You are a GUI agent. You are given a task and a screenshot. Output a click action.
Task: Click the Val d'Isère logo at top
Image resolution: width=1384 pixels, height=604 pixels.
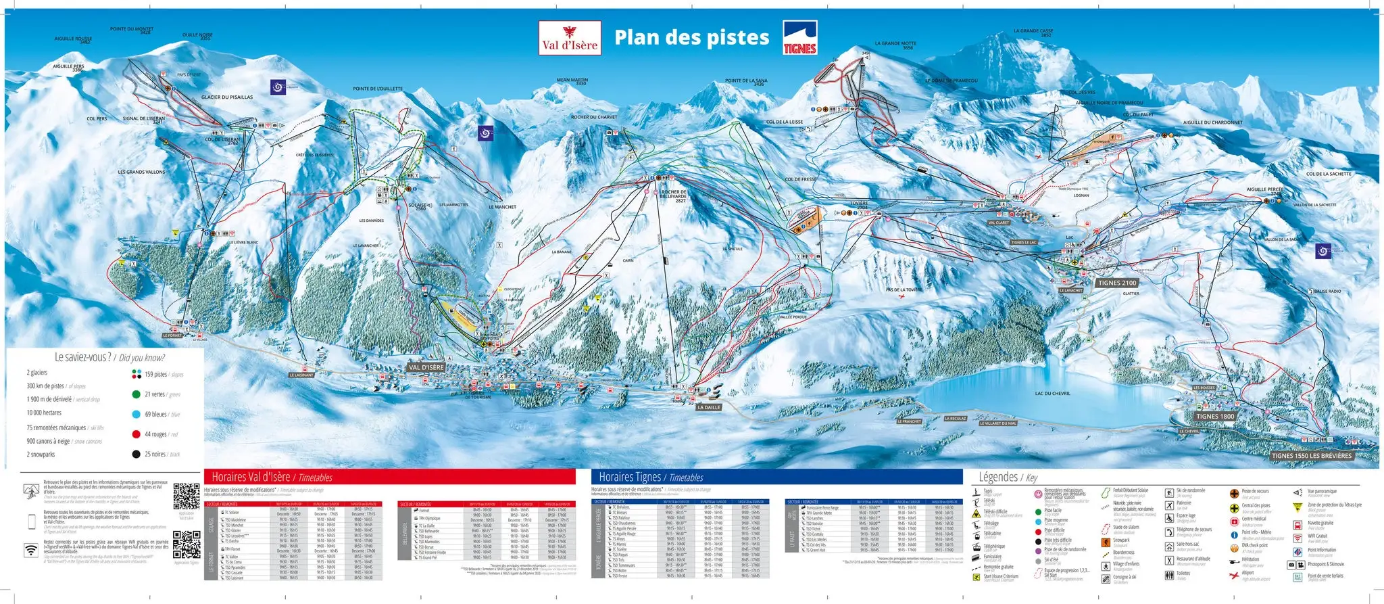[x=570, y=38]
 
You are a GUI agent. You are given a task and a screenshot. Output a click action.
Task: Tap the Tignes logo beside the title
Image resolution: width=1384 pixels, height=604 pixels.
[x=800, y=38]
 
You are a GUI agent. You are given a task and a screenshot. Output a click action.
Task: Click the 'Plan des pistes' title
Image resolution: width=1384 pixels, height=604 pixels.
[x=691, y=38]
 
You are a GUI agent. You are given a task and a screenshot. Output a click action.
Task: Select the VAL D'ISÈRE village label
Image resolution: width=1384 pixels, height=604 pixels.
[x=426, y=367]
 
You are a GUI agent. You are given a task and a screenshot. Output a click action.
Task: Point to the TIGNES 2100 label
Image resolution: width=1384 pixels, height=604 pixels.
[x=1117, y=283]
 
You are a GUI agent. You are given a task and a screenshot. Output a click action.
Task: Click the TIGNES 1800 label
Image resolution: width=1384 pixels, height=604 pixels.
[x=1215, y=417]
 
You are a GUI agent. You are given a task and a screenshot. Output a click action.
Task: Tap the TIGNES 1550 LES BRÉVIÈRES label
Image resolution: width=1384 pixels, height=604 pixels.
[x=1312, y=455]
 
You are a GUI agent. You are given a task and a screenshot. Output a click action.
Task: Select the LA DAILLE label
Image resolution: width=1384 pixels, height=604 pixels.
[x=709, y=407]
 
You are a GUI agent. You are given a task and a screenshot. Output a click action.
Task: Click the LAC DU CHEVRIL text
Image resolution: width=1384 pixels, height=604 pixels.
[x=1052, y=393]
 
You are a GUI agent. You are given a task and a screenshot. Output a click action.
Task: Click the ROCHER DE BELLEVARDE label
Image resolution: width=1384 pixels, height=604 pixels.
[x=674, y=195]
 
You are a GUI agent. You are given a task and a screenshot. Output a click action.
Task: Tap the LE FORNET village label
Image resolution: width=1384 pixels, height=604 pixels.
[x=172, y=335]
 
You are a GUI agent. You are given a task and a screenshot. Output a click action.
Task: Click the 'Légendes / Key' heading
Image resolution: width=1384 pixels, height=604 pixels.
[x=1008, y=477]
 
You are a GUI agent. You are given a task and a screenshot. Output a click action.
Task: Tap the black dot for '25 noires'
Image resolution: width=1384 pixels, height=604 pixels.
[x=137, y=454]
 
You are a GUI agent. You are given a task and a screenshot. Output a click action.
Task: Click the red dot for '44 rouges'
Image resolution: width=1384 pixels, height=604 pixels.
[x=137, y=434]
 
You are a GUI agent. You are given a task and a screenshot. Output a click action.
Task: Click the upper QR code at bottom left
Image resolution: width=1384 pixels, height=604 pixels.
[x=187, y=496]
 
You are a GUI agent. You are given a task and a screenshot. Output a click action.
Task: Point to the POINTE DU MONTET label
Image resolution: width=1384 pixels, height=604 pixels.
[x=132, y=30]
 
